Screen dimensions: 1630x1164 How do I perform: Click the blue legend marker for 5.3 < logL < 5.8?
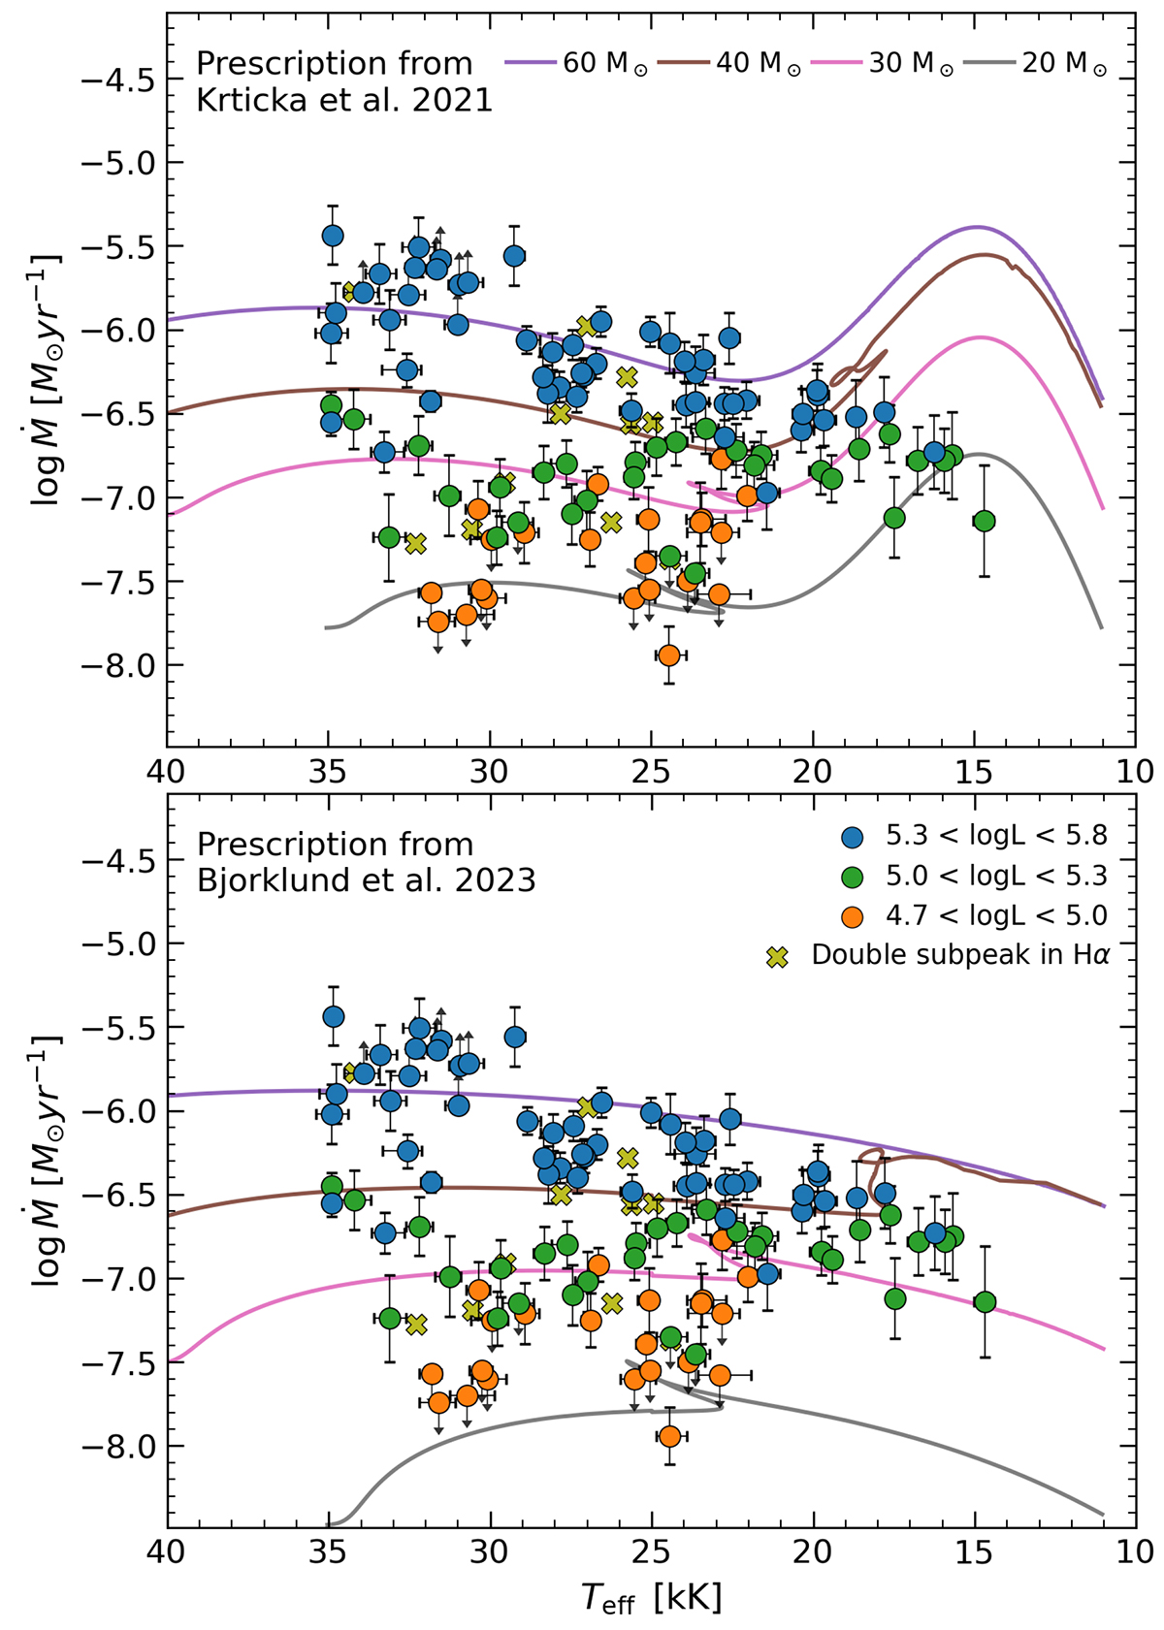[854, 837]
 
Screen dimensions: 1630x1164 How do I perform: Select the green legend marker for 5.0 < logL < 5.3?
[854, 877]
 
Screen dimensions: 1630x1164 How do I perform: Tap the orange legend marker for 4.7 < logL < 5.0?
[854, 916]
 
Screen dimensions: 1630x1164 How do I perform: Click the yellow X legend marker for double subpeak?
[777, 957]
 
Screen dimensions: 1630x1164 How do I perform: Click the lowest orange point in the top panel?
[668, 655]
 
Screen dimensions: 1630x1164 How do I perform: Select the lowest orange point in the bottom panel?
[668, 1436]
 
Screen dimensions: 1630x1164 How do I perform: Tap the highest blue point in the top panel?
[333, 236]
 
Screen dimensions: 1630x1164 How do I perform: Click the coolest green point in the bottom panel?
[985, 1302]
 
